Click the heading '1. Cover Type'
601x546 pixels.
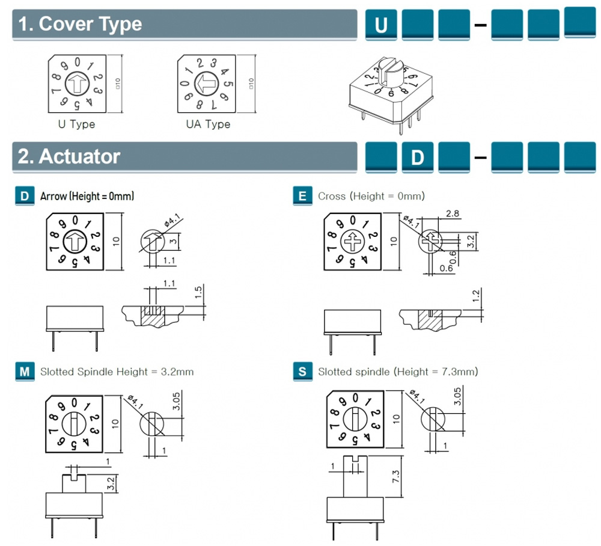(80, 24)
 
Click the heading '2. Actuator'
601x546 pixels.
(69, 156)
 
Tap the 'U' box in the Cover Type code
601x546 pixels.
(380, 25)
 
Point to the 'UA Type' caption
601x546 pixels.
(208, 124)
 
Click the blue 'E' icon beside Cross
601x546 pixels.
(302, 196)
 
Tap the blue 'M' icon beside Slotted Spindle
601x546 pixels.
(24, 372)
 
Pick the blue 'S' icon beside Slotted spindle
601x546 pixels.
(302, 372)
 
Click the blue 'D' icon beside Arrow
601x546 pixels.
(24, 196)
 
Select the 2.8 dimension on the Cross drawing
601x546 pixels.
(453, 213)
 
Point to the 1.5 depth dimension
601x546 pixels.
(200, 293)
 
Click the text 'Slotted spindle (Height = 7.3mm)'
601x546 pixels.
(398, 372)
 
